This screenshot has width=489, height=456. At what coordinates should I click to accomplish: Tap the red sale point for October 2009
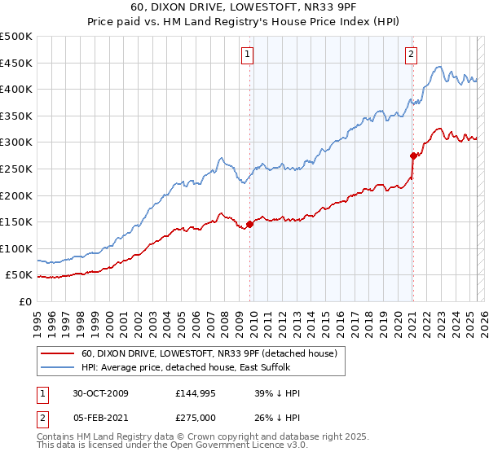249,225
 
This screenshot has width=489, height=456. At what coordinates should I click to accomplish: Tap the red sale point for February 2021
413,156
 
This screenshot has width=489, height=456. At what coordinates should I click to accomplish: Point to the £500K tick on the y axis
17,37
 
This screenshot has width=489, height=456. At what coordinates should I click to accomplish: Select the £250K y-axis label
17,169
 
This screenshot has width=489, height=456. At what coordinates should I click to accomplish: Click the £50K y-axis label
20,275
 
